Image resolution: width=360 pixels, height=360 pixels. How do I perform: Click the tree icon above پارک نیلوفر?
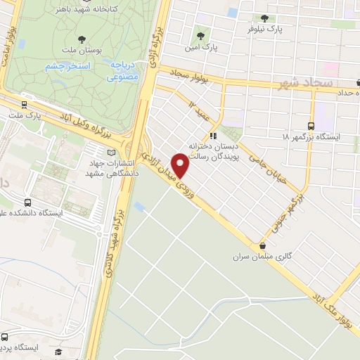264,18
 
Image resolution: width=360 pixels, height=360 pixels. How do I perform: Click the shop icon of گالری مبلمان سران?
263,246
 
